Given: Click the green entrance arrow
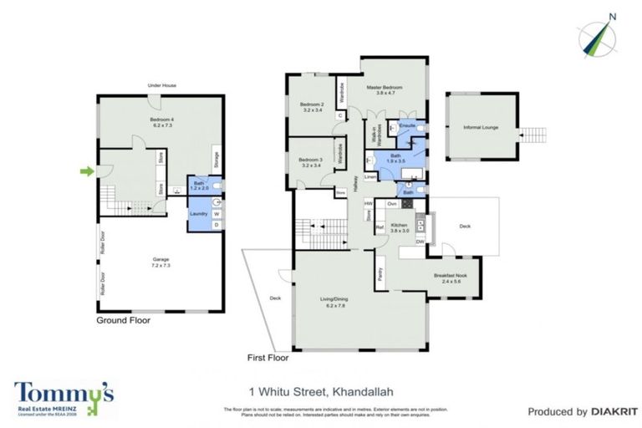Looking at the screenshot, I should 87,172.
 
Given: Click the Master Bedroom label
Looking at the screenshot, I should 385,89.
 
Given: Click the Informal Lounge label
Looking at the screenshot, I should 481,127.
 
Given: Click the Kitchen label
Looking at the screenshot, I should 399,229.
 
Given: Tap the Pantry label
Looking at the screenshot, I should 381,277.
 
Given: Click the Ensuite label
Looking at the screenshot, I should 407,125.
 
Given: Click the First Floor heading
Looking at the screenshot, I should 267,357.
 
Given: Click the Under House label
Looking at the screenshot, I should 161,85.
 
